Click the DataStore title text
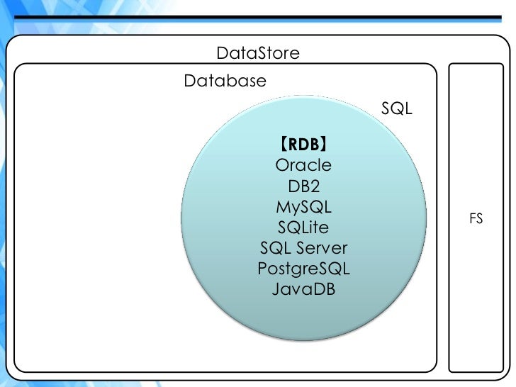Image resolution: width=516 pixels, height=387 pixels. pyautogui.click(x=258, y=53)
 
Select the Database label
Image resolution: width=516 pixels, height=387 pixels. pyautogui.click(x=225, y=81)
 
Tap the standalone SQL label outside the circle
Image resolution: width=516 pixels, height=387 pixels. pyautogui.click(x=397, y=109)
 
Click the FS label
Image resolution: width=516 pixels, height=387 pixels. pyautogui.click(x=476, y=219)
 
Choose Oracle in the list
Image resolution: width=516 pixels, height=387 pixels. pyautogui.click(x=303, y=165)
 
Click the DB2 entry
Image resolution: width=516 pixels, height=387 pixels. pyautogui.click(x=303, y=186)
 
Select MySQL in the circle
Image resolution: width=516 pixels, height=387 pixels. pyautogui.click(x=303, y=208)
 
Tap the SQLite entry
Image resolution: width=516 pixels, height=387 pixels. pyautogui.click(x=303, y=228)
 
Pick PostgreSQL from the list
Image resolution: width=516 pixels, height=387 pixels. pyautogui.click(x=303, y=269)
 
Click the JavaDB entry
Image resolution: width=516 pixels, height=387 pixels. pyautogui.click(x=303, y=290)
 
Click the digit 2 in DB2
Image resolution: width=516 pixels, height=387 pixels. pyautogui.click(x=316, y=186)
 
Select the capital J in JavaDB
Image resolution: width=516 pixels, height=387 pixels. pyautogui.click(x=275, y=290)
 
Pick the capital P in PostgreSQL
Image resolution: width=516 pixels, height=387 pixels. pyautogui.click(x=262, y=269)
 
